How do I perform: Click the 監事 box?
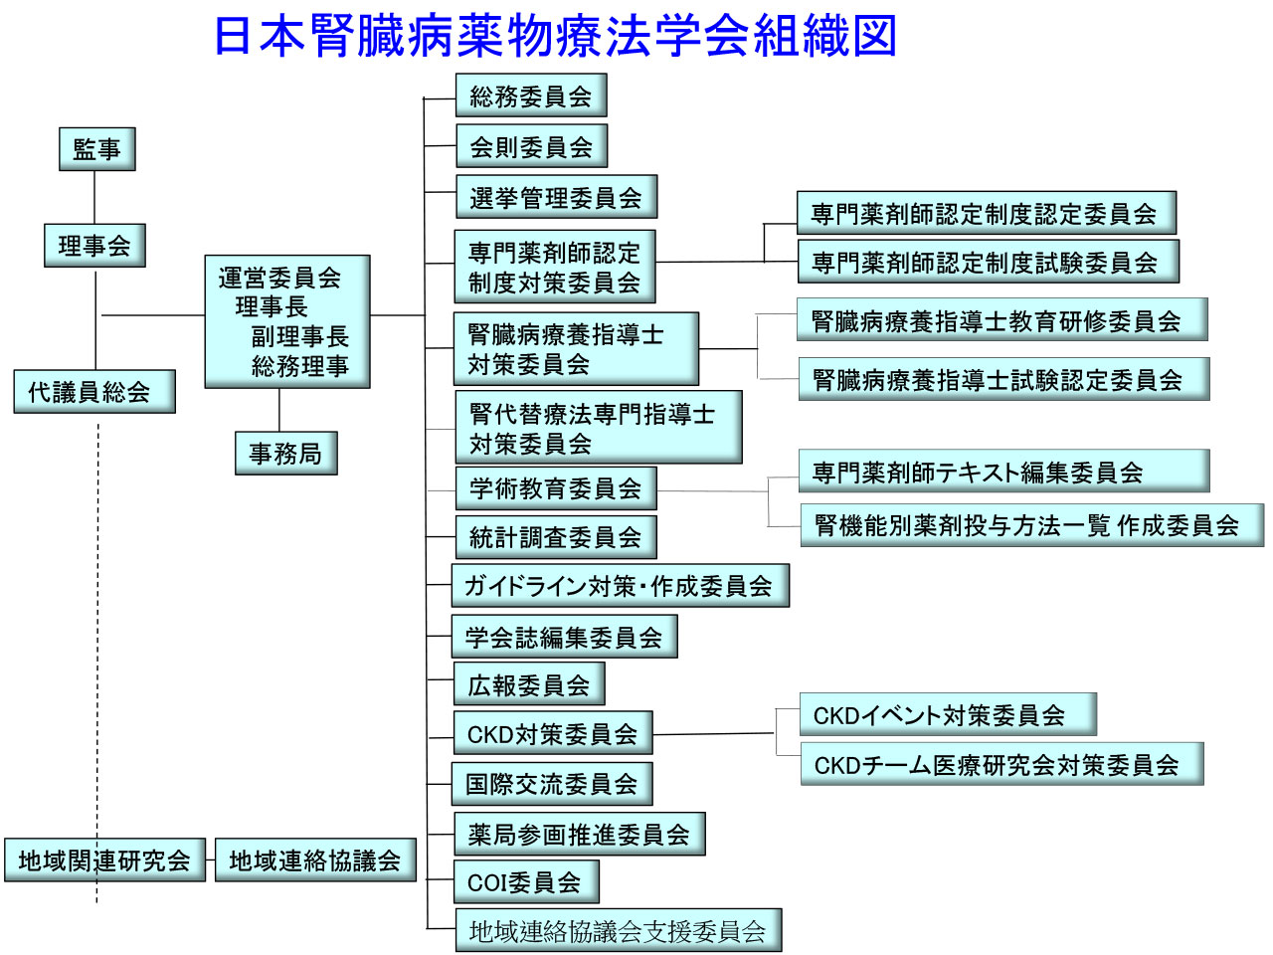(96, 149)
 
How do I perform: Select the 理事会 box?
(94, 246)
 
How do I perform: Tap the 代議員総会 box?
(93, 392)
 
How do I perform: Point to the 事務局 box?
(285, 454)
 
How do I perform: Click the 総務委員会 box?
(531, 96)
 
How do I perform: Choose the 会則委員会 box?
(531, 147)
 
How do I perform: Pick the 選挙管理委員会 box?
(556, 198)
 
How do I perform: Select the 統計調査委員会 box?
(556, 537)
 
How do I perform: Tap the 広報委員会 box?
(529, 685)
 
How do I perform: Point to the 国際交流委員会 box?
(552, 784)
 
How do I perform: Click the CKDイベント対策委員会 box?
(948, 715)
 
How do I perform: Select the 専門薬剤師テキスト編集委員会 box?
(1003, 472)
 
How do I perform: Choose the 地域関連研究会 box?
(103, 860)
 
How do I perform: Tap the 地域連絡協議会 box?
(315, 860)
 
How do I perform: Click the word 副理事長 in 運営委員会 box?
(299, 336)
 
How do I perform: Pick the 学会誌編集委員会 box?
(564, 638)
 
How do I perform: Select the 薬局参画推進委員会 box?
(579, 835)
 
